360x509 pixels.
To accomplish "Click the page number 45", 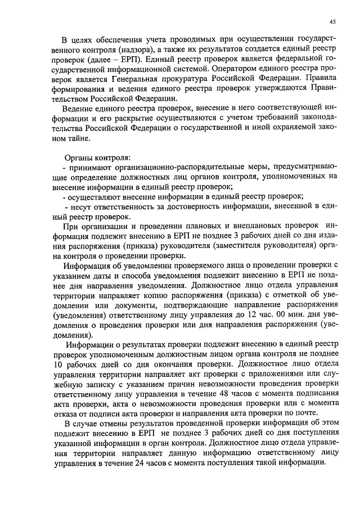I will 332,22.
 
